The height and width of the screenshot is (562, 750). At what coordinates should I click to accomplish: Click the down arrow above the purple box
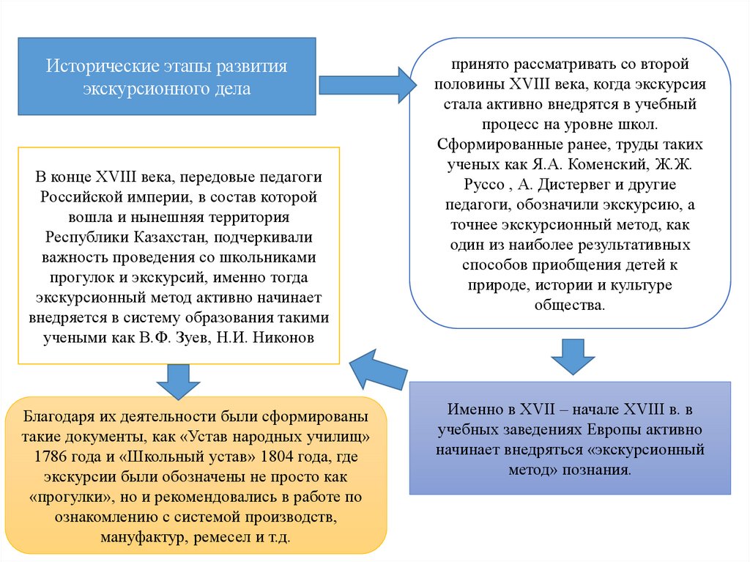[572, 357]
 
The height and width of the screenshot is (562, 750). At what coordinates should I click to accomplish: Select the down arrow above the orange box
[178, 380]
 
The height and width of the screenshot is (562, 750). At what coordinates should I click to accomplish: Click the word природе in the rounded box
[499, 285]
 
